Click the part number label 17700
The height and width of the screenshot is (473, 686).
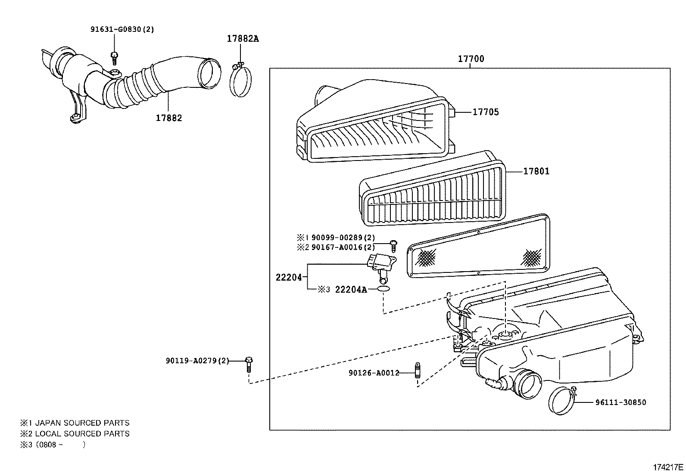tap(471, 59)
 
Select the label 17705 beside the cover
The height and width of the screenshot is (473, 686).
tap(485, 112)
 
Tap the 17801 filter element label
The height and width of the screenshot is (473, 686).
tap(536, 171)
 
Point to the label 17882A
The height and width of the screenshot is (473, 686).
tap(243, 39)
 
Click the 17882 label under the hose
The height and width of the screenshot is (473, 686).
tap(169, 118)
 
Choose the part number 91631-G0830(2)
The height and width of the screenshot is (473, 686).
tap(122, 29)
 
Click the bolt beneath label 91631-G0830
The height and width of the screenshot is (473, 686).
tap(114, 58)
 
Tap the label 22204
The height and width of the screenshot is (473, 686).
tap(288, 278)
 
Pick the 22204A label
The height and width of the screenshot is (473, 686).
tap(351, 289)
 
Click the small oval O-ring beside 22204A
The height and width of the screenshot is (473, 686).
tap(384, 288)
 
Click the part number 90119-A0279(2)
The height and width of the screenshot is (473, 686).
tap(197, 361)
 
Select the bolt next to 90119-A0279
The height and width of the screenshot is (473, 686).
tap(249, 364)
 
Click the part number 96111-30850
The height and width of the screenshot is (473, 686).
tap(621, 402)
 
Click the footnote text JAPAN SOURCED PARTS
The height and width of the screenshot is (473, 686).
tap(82, 423)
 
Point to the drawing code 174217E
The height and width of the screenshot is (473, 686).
tap(668, 467)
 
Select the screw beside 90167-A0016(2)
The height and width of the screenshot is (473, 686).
tap(394, 246)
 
